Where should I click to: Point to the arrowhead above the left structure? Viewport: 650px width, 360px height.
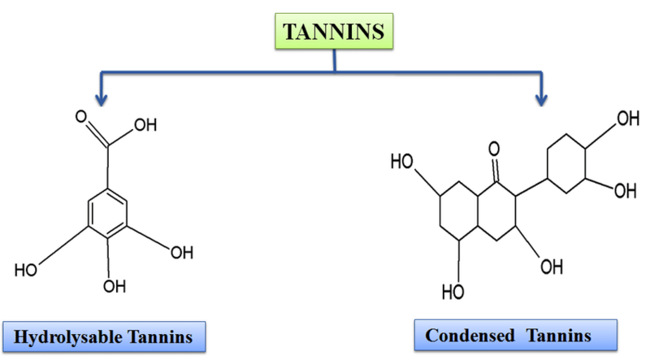click(101, 99)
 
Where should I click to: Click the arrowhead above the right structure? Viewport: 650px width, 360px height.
click(541, 99)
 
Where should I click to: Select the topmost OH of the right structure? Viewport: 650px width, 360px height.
click(626, 119)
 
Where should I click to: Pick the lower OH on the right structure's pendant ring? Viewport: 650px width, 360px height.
click(624, 192)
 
